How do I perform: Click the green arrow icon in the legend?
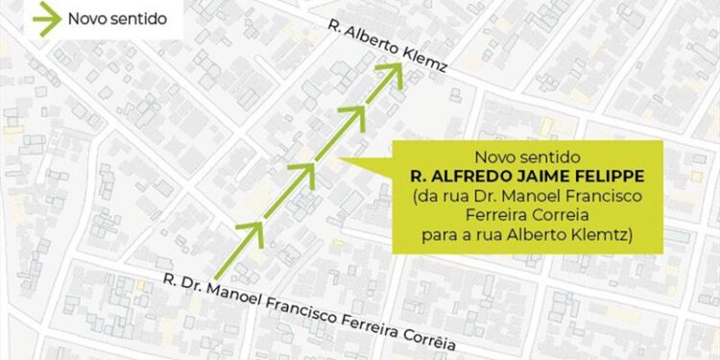click(x=44, y=17)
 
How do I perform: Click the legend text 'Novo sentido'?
click(x=110, y=18)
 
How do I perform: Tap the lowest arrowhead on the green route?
click(x=252, y=230)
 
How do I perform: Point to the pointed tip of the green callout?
click(x=343, y=159)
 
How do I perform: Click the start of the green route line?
click(x=217, y=276)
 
